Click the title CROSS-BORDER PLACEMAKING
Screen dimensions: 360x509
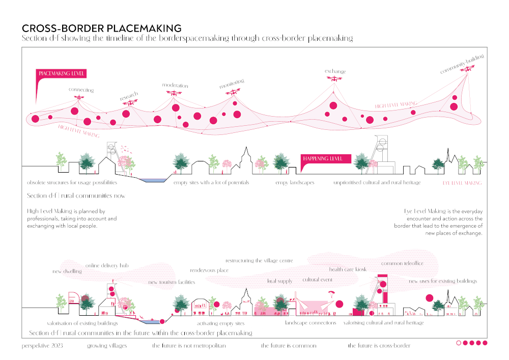point(101,29)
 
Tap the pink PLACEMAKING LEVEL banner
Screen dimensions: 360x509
point(62,74)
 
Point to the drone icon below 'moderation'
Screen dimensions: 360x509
point(176,93)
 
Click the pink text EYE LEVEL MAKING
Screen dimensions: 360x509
point(462,182)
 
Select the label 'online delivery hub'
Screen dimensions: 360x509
point(106,266)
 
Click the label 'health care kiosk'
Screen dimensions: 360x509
point(348,269)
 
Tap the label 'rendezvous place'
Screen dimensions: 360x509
point(209,270)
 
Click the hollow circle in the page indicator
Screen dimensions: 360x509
point(459,343)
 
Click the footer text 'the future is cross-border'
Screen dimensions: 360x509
point(379,345)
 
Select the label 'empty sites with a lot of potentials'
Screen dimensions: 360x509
point(211,182)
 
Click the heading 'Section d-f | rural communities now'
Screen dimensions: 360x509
point(76,196)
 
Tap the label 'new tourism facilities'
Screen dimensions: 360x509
point(172,282)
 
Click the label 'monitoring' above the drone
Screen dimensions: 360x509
point(232,84)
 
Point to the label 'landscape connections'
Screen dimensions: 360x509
point(310,323)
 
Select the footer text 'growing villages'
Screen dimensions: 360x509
point(107,345)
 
